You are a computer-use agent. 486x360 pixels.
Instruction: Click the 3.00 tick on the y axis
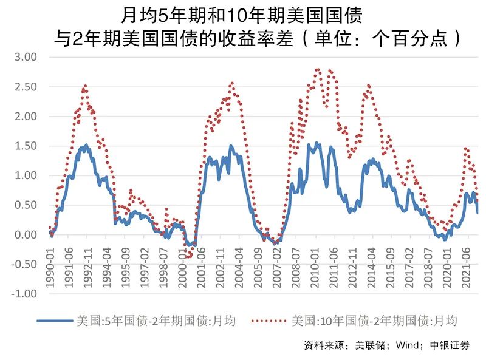click(27, 57)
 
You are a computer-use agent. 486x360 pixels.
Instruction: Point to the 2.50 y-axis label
click(27, 87)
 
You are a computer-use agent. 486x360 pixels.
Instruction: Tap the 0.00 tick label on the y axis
click(27, 235)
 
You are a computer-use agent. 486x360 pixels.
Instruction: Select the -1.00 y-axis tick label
click(26, 294)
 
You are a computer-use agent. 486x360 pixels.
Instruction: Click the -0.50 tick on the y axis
click(26, 264)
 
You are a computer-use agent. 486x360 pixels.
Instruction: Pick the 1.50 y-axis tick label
click(27, 146)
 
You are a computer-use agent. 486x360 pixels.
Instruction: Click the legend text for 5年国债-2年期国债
click(155, 320)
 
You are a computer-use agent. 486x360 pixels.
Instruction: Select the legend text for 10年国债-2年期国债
click(373, 320)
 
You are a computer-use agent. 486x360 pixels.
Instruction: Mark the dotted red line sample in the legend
click(268, 320)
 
